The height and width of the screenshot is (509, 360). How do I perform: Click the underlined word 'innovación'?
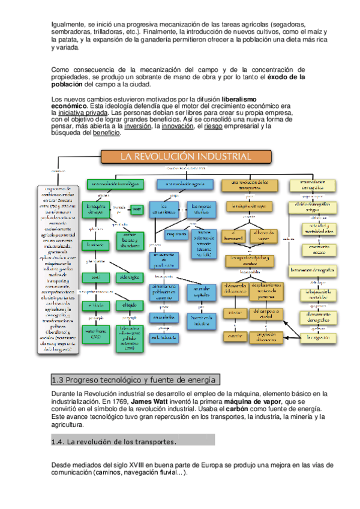coord(176,127)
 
